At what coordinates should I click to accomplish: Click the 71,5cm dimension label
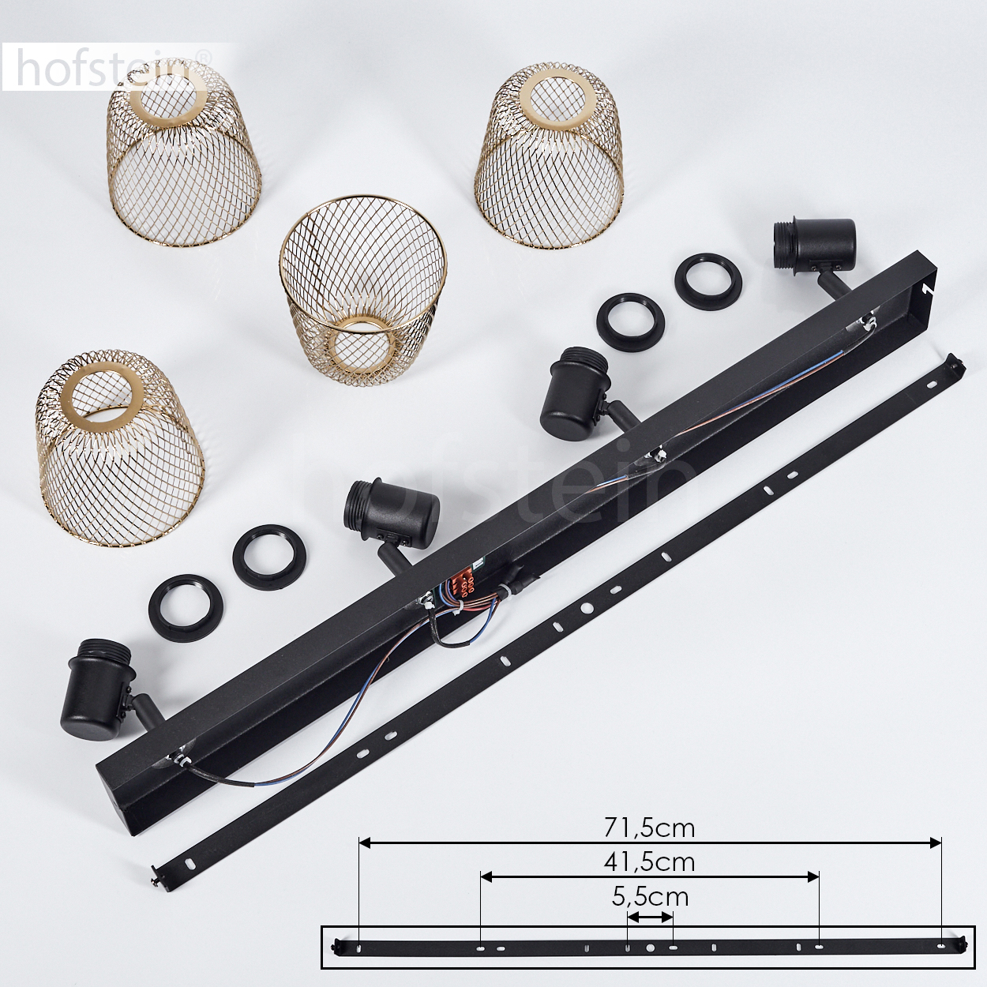[x=649, y=829]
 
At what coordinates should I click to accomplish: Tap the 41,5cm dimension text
[x=649, y=863]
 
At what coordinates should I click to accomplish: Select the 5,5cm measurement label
[x=650, y=897]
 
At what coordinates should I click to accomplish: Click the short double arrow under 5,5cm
[x=650, y=918]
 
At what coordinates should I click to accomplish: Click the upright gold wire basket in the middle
[x=363, y=291]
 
